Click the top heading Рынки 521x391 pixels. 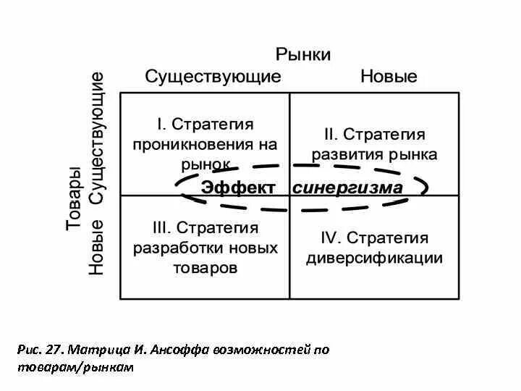[x=303, y=54]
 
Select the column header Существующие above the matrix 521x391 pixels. [x=213, y=77]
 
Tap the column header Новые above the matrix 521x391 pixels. [x=389, y=77]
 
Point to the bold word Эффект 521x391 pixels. [x=238, y=188]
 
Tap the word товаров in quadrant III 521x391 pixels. [x=205, y=268]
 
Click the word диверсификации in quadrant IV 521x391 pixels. [x=374, y=258]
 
